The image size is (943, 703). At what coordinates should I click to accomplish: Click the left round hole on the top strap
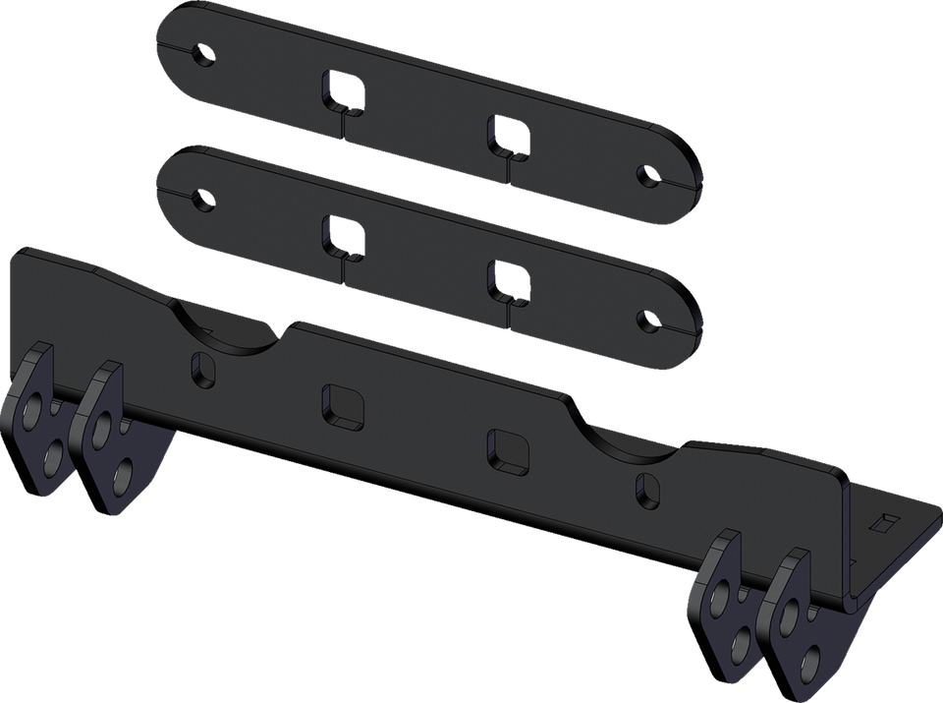204,53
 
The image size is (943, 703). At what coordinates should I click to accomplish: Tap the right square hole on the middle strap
508,277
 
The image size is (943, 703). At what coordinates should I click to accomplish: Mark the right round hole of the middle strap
648,320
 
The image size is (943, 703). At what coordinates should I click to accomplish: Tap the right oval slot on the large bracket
647,486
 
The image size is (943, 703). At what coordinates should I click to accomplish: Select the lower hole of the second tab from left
125,480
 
